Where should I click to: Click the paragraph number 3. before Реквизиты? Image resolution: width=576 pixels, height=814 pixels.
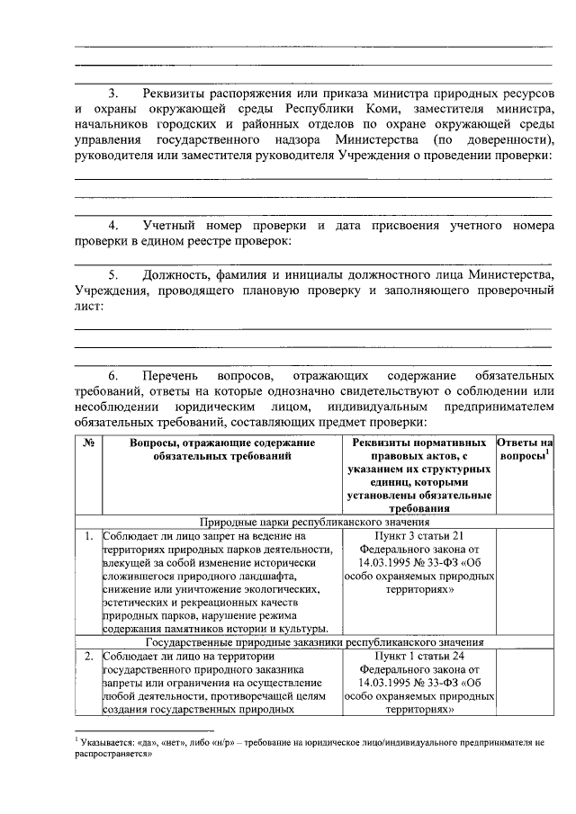113,94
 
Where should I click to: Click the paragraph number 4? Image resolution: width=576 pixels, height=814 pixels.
113,224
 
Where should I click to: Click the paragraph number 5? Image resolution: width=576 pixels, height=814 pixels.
113,274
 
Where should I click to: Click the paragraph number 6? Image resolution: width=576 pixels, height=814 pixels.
113,373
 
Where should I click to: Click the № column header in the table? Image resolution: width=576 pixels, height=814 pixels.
89,443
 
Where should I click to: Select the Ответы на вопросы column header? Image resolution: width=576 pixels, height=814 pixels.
525,450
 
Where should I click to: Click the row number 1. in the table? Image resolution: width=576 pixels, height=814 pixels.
89,536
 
